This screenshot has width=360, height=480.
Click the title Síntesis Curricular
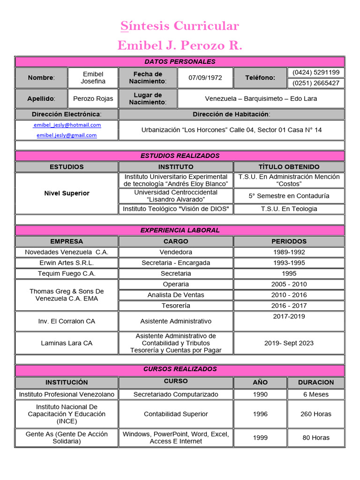[180, 26]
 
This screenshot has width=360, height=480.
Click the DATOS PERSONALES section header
[180, 62]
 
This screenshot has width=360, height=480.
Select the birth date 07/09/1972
[205, 78]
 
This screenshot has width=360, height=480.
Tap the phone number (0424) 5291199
[315, 73]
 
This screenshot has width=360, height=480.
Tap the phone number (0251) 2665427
[315, 83]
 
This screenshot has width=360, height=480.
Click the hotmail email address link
[67, 125]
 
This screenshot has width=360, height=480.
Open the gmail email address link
[67, 135]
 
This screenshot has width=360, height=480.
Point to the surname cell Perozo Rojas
[93, 99]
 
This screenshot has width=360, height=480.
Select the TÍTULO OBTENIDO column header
[289, 167]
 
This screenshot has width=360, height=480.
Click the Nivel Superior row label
[67, 193]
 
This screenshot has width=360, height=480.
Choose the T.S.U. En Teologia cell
[289, 209]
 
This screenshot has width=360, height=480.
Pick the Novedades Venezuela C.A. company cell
[67, 252]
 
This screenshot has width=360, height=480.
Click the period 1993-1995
[289, 263]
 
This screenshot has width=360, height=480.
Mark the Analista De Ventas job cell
[176, 295]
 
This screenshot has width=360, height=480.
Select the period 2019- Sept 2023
[289, 343]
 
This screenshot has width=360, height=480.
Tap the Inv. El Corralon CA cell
[67, 322]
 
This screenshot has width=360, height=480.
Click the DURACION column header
[315, 382]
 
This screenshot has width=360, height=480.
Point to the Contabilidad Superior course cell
[176, 414]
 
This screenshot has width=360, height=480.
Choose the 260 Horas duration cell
[315, 414]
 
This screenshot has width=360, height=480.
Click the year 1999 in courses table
[260, 438]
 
